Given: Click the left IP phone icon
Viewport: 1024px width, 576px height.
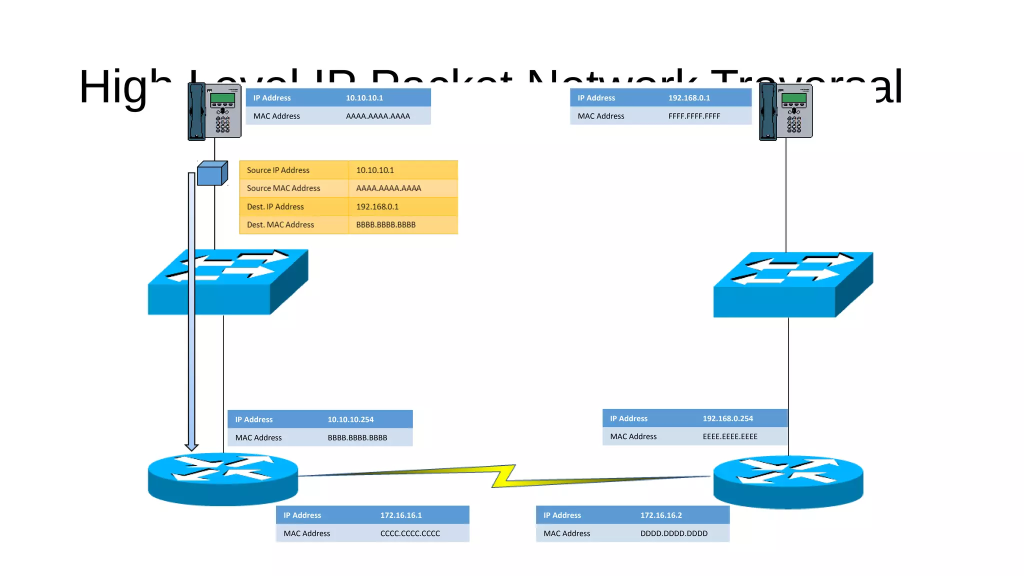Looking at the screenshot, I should click(214, 111).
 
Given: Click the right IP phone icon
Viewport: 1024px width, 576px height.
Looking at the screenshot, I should click(785, 111).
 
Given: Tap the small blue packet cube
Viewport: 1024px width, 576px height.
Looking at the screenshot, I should click(212, 173).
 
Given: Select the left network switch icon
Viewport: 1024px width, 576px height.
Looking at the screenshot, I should click(227, 282).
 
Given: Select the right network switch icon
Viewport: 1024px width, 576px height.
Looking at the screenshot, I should click(793, 285).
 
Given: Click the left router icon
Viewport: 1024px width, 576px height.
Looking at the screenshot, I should click(223, 478).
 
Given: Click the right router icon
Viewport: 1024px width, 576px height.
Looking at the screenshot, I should click(788, 481).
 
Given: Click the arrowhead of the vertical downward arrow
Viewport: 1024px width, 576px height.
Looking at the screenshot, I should click(191, 446).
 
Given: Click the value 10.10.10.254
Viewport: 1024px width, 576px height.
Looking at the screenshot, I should click(350, 419).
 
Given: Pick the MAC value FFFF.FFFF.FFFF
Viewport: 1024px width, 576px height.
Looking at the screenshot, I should click(694, 116).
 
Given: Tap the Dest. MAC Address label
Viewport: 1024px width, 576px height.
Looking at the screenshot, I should click(280, 225).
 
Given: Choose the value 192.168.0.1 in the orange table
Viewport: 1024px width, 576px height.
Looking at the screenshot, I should click(377, 206).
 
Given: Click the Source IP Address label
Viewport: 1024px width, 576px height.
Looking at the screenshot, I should click(278, 170).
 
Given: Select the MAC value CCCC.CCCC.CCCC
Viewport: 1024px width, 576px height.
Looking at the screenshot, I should click(410, 533).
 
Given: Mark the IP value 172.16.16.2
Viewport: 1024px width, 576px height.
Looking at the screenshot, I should click(661, 515).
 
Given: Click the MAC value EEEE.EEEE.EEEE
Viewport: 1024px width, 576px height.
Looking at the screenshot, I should click(730, 436).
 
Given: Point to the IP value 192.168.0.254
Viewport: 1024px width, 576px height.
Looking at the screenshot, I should click(727, 418).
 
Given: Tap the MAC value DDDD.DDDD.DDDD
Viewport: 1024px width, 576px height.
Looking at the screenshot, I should click(673, 533).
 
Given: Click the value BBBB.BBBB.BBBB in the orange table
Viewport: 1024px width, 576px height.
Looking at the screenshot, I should click(385, 225).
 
